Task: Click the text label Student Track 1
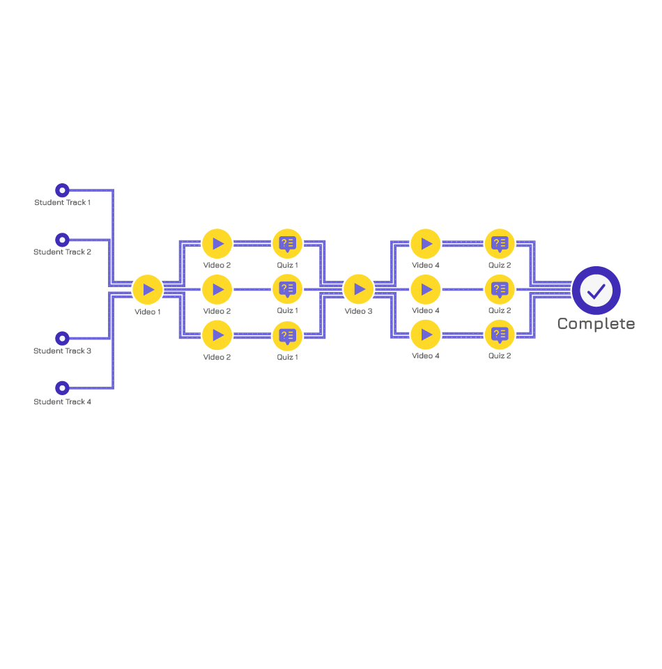[62, 202]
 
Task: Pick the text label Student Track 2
[62, 252]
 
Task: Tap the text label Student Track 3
[62, 351]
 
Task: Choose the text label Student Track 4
[62, 401]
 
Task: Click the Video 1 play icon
[148, 290]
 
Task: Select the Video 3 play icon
[359, 289]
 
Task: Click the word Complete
[596, 324]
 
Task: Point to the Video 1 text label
[148, 312]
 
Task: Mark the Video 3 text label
[359, 311]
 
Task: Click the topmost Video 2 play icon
[217, 244]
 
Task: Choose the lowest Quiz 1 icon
[288, 336]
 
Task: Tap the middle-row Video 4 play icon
[426, 290]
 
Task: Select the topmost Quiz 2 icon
[500, 244]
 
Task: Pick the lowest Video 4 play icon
[426, 335]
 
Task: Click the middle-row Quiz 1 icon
[288, 289]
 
